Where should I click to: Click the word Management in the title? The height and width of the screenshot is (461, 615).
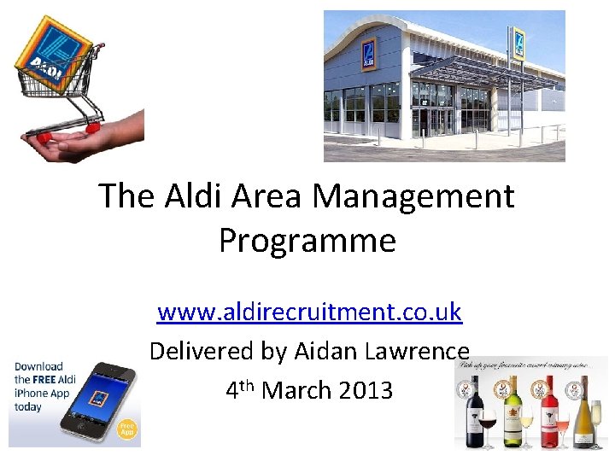tap(413, 196)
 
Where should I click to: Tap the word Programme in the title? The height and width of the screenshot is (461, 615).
tap(307, 241)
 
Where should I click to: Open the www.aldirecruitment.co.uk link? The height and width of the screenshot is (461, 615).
tap(310, 312)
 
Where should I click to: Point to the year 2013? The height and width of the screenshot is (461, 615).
tap(366, 390)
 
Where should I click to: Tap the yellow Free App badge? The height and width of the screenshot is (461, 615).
tap(126, 429)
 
